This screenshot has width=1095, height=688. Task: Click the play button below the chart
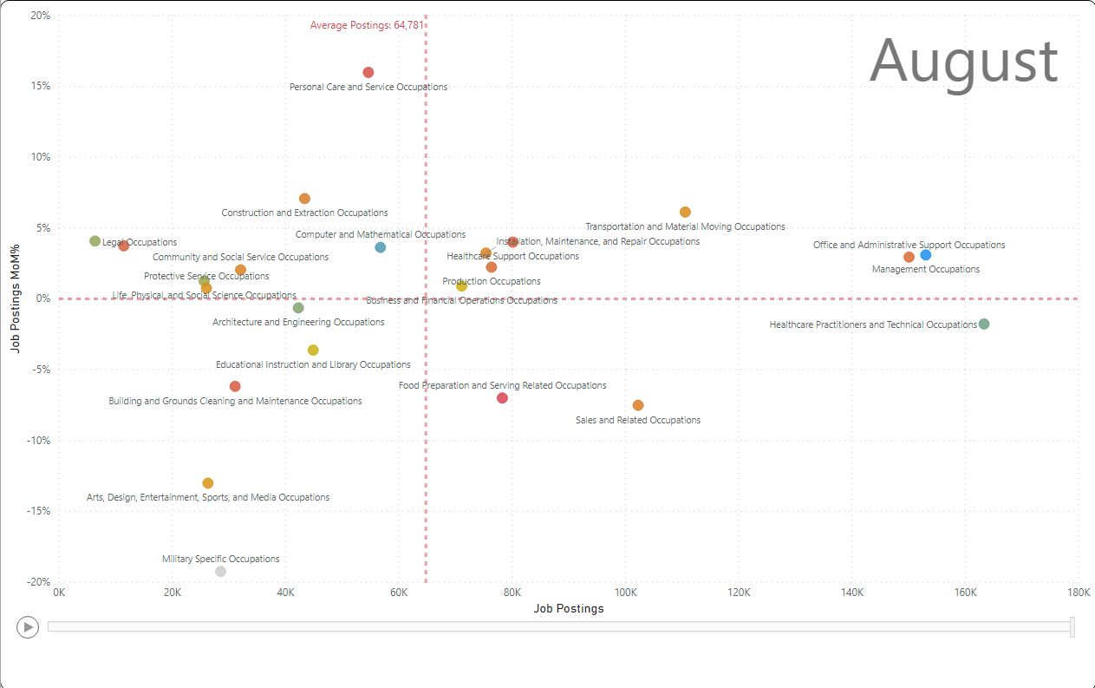click(28, 626)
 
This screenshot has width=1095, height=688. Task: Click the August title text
click(963, 62)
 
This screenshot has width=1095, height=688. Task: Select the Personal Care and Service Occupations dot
click(368, 72)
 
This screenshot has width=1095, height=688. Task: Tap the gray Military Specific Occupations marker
click(221, 571)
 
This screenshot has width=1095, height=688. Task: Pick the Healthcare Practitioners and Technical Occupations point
click(984, 324)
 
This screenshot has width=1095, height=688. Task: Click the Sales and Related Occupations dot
click(638, 405)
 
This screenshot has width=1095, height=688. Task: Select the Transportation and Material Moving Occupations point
click(685, 212)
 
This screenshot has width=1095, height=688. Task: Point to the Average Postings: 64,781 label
click(367, 25)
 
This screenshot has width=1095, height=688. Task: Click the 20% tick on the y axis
click(39, 16)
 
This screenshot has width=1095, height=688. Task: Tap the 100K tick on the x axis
click(625, 593)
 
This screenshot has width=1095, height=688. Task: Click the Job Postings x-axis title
click(568, 608)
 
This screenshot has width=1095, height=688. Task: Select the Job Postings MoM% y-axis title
click(15, 298)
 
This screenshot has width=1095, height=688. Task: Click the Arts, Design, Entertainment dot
click(208, 483)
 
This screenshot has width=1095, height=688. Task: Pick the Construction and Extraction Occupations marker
click(304, 199)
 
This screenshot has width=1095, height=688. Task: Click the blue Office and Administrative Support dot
click(926, 254)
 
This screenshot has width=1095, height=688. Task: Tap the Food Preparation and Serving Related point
click(502, 397)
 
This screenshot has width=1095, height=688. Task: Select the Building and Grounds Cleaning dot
click(235, 386)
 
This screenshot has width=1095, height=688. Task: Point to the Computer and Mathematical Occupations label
click(380, 234)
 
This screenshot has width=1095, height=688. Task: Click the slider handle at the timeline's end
click(1072, 626)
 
